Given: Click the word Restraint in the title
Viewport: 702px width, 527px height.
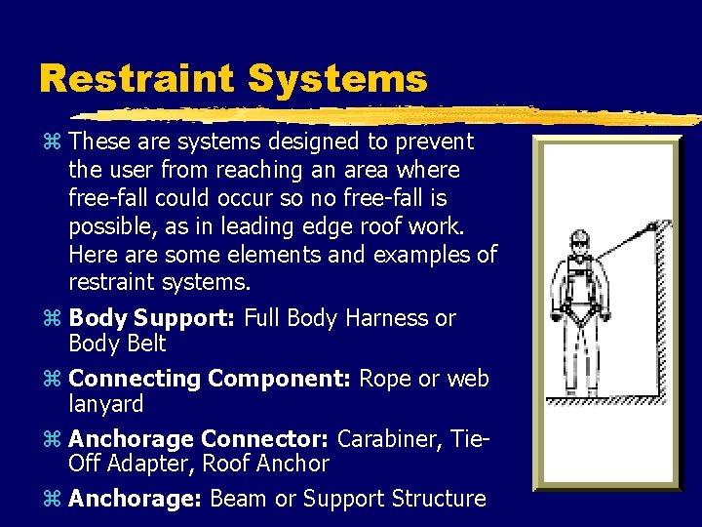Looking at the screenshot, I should click(138, 79).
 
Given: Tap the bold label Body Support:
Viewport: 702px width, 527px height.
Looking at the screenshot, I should click(152, 318).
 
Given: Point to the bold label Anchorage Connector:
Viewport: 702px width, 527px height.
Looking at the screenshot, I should click(200, 439).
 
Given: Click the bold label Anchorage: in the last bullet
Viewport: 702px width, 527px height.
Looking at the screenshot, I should click(136, 499).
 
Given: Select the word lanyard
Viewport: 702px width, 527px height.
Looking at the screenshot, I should click(106, 404).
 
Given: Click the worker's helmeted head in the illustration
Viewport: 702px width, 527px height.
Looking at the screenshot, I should click(580, 240).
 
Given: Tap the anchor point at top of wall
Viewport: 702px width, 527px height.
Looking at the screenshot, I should click(650, 226).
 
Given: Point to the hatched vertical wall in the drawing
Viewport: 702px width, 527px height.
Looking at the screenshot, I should click(663, 312).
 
